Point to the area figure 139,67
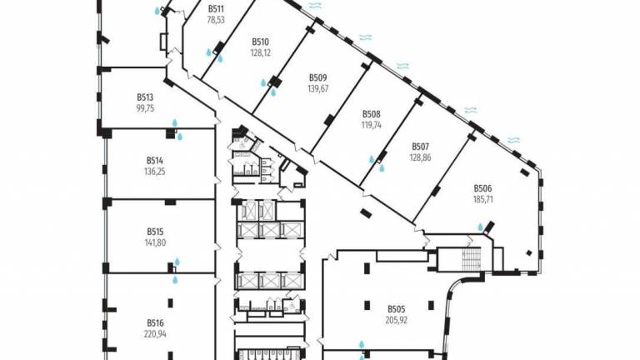[317, 88]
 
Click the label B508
[371, 114]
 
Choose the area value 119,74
[371, 125]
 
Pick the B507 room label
[419, 146]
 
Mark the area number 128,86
[419, 157]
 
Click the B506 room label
[483, 189]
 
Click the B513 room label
[147, 96]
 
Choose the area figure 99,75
[147, 107]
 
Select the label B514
[155, 160]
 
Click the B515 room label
[155, 232]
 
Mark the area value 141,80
[155, 242]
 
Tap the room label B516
[155, 322]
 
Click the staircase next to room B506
[469, 259]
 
